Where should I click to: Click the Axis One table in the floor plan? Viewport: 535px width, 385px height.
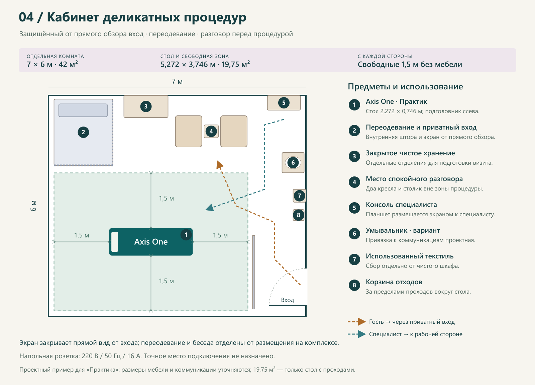pyautogui.click(x=151, y=242)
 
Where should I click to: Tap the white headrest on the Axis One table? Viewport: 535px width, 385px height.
pyautogui.click(x=115, y=242)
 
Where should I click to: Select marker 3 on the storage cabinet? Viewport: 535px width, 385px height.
pyautogui.click(x=146, y=106)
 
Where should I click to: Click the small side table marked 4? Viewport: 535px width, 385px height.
pyautogui.click(x=211, y=131)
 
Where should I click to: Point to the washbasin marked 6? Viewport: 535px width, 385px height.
pyautogui.click(x=293, y=163)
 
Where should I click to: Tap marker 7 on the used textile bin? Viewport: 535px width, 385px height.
pyautogui.click(x=300, y=196)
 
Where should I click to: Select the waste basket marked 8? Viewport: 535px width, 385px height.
pyautogui.click(x=299, y=215)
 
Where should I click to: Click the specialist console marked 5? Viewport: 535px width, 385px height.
pyautogui.click(x=284, y=103)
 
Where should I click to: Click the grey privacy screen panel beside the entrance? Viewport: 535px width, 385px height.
pyautogui.click(x=254, y=272)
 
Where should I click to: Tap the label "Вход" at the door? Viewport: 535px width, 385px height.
pyautogui.click(x=288, y=300)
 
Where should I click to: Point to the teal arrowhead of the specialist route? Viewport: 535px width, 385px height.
pyautogui.click(x=210, y=208)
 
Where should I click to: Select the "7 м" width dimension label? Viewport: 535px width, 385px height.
pyautogui.click(x=177, y=82)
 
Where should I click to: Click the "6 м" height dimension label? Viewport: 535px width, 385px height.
pyautogui.click(x=33, y=206)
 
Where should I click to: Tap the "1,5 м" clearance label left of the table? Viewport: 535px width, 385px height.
pyautogui.click(x=82, y=235)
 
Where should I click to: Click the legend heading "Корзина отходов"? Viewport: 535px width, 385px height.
pyautogui.click(x=394, y=282)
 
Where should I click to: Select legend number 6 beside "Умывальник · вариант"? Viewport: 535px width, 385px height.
pyautogui.click(x=354, y=234)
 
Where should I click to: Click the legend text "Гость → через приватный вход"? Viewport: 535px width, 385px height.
pyautogui.click(x=412, y=322)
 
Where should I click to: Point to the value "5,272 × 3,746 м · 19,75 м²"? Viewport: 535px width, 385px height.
pyautogui.click(x=205, y=64)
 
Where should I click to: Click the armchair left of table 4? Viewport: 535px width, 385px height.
pyautogui.click(x=189, y=131)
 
